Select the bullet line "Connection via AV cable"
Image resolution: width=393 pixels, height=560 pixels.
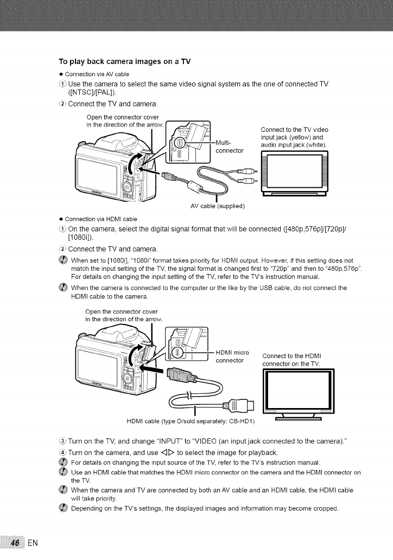(x=97, y=74)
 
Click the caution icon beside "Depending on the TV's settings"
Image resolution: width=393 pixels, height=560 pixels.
(x=61, y=508)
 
